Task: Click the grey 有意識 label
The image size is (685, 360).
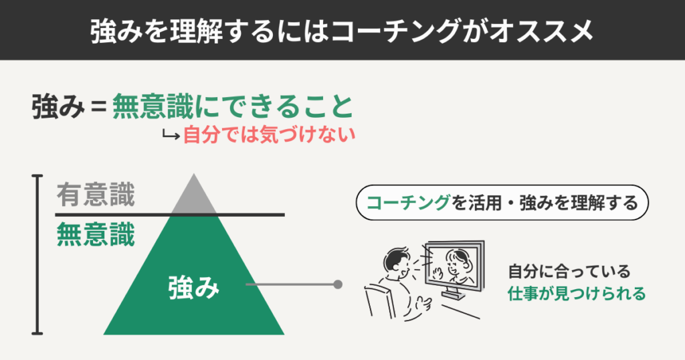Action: click(x=95, y=195)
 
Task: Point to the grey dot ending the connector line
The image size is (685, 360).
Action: click(x=338, y=284)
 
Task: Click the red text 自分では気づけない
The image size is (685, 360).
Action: click(x=268, y=135)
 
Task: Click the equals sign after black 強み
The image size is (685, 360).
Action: click(x=98, y=107)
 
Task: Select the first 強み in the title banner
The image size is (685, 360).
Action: click(x=108, y=31)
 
